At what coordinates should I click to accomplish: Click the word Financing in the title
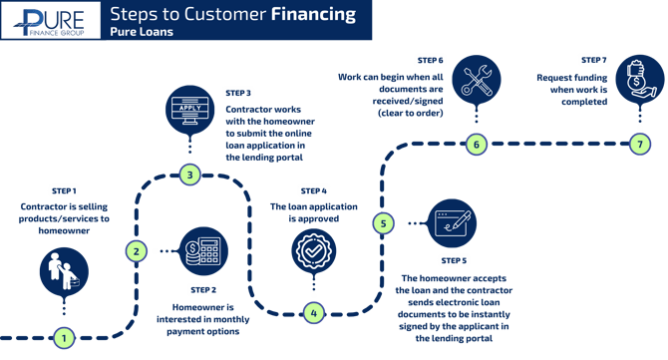(x=311, y=15)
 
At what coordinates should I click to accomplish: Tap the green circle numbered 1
(x=65, y=338)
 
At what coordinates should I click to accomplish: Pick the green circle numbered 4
(x=313, y=312)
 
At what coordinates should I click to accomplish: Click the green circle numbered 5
(x=382, y=223)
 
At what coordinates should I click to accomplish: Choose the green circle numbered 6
(x=475, y=145)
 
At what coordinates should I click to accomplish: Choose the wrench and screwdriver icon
(x=476, y=80)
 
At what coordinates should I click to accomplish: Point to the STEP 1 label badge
(x=64, y=189)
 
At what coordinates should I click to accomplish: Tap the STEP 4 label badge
(x=313, y=189)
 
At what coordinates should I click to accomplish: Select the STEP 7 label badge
(x=594, y=60)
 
